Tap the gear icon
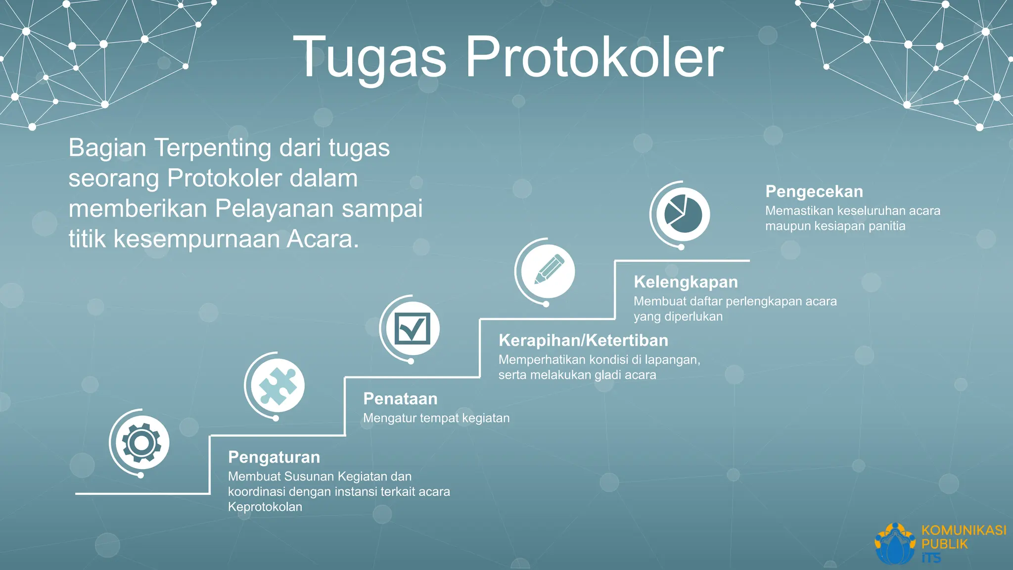141,442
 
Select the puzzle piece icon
277,385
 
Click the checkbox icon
412,329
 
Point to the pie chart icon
683,214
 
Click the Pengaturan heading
274,457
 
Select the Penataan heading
400,399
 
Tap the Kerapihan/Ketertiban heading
583,340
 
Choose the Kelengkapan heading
686,282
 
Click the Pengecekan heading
814,191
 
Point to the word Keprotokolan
265,507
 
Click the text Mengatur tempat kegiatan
436,418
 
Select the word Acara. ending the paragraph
322,239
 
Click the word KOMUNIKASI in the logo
964,530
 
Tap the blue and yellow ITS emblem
895,544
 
